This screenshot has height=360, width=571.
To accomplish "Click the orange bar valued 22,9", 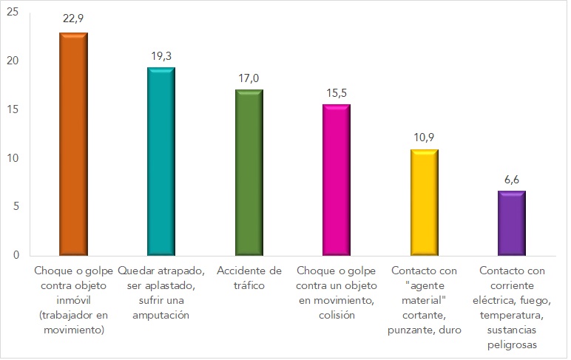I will point(73,143).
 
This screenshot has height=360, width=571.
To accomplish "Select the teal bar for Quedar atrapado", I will point(161,161).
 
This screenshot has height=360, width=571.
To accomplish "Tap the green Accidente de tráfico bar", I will point(249,172).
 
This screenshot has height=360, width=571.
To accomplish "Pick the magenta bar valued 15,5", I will point(336,180).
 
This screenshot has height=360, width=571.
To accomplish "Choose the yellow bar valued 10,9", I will point(424,202).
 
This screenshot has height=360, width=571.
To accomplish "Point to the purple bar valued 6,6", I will point(511,223).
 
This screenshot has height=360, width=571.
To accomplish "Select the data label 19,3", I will point(161,54).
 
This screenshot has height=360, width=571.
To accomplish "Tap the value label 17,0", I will point(249,77).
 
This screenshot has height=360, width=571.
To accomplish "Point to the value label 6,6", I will point(511,178).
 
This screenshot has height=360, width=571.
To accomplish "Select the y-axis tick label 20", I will point(13,61).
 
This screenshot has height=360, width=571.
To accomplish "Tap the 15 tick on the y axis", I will point(13,109).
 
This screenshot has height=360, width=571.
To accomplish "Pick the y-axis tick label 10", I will point(13,158).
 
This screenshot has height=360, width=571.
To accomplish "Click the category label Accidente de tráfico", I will point(249,278).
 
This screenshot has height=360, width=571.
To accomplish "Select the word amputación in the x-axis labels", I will point(161,315).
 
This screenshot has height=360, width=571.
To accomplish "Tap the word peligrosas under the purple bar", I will point(511,344).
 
